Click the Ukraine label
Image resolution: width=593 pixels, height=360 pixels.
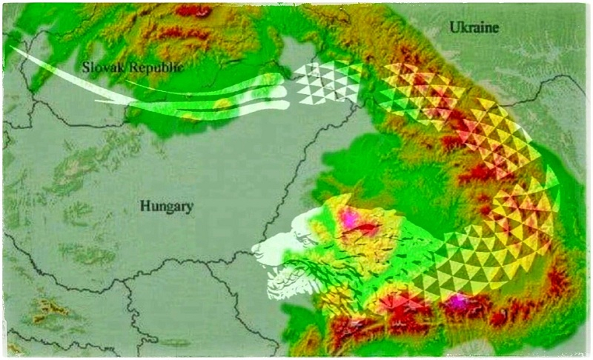click(x=474, y=28)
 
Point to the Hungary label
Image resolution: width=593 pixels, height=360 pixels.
click(x=166, y=206)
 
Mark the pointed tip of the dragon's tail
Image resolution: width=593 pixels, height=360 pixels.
click(x=10, y=48)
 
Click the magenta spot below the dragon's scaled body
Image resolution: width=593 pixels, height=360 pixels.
click(x=460, y=300)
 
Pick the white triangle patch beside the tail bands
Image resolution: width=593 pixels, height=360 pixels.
click(x=326, y=81)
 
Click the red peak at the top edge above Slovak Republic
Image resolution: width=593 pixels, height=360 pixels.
click(x=194, y=10)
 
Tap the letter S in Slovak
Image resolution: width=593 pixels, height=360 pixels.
click(x=86, y=67)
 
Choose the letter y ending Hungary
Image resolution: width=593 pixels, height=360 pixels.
click(x=189, y=208)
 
